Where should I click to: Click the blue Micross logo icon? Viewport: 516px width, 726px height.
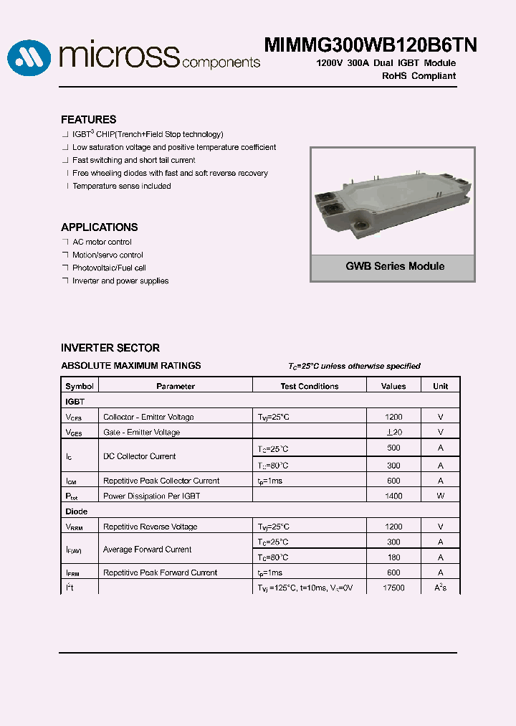[x=29, y=57]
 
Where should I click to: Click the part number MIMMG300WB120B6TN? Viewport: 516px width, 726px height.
[x=371, y=45]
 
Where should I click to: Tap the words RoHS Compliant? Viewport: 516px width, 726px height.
[x=419, y=76]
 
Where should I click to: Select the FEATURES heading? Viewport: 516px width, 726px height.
[x=88, y=120]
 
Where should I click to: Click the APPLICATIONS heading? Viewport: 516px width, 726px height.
[x=99, y=227]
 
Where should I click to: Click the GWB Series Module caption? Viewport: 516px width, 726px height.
[x=395, y=266]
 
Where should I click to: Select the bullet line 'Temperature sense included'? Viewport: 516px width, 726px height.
[x=121, y=187]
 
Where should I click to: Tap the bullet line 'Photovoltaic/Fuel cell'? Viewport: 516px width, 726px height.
[x=109, y=268]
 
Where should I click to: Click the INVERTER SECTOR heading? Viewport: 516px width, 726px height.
[x=110, y=348]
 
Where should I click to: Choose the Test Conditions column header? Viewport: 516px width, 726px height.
[x=309, y=386]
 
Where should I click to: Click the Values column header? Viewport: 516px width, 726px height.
[x=393, y=386]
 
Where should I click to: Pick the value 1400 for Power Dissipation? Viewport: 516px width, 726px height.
[x=393, y=496]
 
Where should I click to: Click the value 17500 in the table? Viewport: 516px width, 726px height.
[x=393, y=588]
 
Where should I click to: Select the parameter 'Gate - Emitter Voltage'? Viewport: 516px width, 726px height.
[x=141, y=433]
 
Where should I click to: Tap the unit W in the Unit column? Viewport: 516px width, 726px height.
[x=440, y=496]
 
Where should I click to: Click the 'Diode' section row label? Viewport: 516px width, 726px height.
[x=77, y=511]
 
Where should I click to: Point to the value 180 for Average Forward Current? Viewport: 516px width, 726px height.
[x=393, y=557]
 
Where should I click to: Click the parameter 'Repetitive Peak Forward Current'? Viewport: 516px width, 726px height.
[x=160, y=573]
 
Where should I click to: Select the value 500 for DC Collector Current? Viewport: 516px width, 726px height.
[x=393, y=448]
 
